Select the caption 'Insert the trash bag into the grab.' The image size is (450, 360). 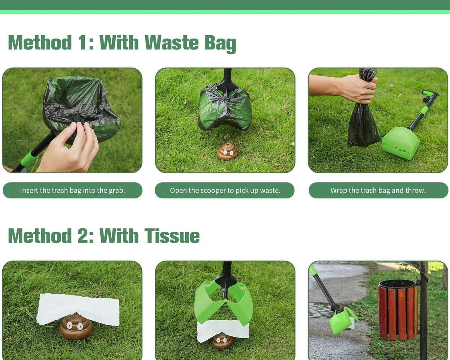72,190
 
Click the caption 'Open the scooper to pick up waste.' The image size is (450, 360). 225,190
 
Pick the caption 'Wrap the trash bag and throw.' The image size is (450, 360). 378,190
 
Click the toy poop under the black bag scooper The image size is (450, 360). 227,151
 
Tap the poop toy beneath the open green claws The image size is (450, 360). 222,340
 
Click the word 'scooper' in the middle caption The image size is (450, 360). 216,190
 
